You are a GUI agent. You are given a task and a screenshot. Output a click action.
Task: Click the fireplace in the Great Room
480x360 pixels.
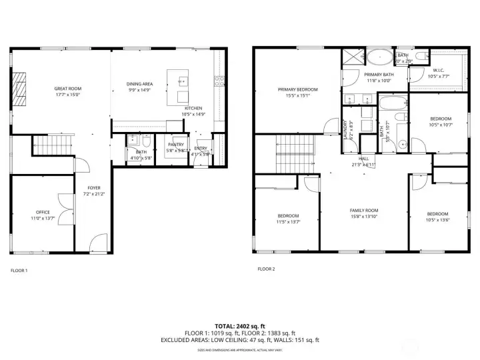click(21, 85)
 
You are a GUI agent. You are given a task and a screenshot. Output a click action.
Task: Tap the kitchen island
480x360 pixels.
click(181, 86)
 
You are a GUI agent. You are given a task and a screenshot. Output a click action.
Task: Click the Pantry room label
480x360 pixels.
click(176, 144)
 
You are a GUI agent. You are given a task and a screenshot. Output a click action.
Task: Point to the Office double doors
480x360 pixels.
click(63, 208)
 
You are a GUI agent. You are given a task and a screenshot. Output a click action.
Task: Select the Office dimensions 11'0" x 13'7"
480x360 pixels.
click(43, 219)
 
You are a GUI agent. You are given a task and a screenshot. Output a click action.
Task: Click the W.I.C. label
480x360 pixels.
click(438, 69)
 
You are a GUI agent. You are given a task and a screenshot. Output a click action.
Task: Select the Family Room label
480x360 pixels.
click(363, 210)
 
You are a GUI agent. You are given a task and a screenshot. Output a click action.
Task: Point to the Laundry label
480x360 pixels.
click(345, 127)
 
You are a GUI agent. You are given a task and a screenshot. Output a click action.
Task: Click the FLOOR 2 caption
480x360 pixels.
click(266, 269)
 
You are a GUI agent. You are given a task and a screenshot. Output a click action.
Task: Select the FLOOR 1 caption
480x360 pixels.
click(19, 270)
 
